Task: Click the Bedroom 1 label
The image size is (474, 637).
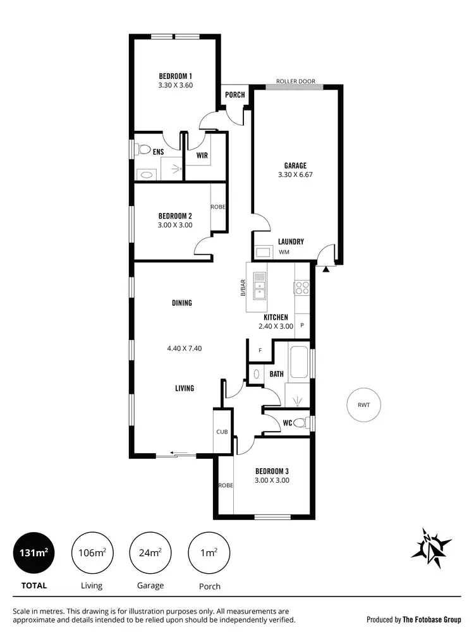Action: coord(175,76)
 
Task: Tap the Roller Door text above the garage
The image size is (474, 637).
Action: coord(295,82)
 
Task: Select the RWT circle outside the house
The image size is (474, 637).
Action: coord(363,405)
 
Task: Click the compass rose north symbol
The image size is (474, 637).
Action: coord(431,544)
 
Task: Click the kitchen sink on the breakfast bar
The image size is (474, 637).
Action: coord(259,284)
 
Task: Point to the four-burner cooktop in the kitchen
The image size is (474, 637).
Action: coord(301,288)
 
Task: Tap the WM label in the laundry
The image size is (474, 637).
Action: coord(284,252)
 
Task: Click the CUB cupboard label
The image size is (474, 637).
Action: coord(222,432)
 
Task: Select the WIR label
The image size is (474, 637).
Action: coord(202,155)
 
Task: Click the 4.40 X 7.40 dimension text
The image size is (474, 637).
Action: coord(184,348)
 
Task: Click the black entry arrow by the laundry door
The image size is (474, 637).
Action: coord(326,269)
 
